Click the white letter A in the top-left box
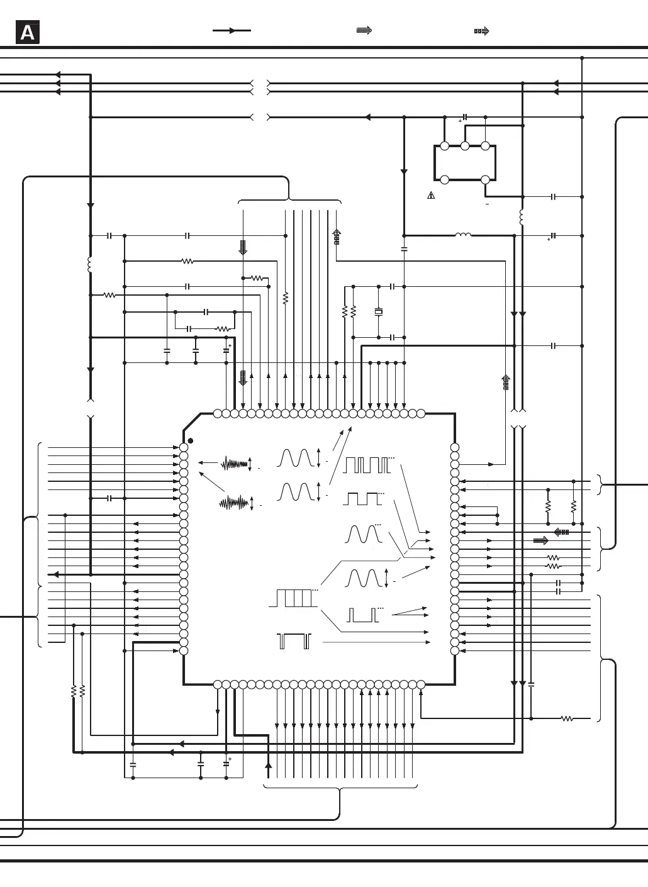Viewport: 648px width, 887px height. click(x=28, y=33)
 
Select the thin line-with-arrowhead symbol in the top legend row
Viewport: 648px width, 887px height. click(x=232, y=30)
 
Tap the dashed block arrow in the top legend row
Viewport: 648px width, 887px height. click(x=482, y=30)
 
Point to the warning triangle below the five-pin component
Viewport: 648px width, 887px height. click(x=431, y=196)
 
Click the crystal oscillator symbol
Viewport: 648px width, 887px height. click(x=379, y=312)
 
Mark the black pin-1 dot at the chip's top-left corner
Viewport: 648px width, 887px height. click(x=191, y=441)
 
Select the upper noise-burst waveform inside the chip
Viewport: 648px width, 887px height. click(x=234, y=464)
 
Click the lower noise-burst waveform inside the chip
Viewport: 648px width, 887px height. click(x=234, y=503)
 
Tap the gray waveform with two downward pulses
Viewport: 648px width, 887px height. click(x=294, y=641)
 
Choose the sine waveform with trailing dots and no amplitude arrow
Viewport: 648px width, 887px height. click(x=364, y=534)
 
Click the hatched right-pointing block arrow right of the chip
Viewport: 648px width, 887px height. click(x=540, y=540)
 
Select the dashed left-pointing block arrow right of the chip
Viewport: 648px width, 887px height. click(x=561, y=532)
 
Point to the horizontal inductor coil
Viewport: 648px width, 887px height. click(x=463, y=235)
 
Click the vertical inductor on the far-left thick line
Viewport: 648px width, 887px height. click(x=91, y=265)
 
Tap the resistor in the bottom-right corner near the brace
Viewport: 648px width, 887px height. click(x=567, y=718)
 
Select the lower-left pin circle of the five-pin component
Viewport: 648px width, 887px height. click(x=445, y=180)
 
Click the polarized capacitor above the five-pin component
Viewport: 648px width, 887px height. click(x=465, y=117)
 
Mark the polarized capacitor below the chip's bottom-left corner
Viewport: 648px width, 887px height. click(x=226, y=764)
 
